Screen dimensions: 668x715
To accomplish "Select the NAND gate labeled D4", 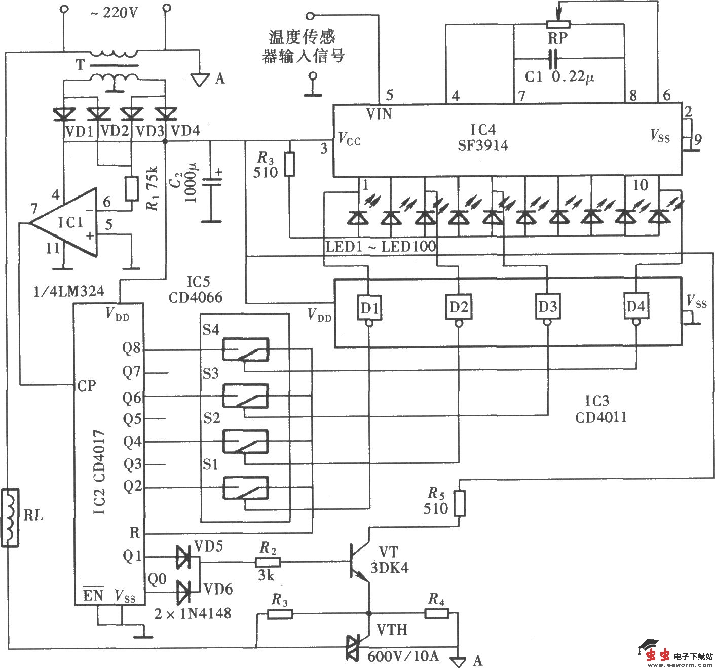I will coord(636,306).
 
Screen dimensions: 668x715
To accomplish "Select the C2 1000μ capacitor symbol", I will coord(211,183).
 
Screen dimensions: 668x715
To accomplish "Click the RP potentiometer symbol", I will coord(557,24).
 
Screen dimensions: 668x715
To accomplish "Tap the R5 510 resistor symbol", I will coord(459,503).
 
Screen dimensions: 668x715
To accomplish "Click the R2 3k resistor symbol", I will coord(268,562).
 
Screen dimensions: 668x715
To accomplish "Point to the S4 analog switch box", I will coord(246,349).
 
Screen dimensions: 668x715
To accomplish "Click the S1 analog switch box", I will coord(246,488).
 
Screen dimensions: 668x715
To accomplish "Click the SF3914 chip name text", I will coord(482,146).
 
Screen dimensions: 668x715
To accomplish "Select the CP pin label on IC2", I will coord(87,386).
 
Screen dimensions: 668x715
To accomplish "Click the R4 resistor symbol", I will coord(436,614).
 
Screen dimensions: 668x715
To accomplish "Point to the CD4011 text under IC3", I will coord(601,417).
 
